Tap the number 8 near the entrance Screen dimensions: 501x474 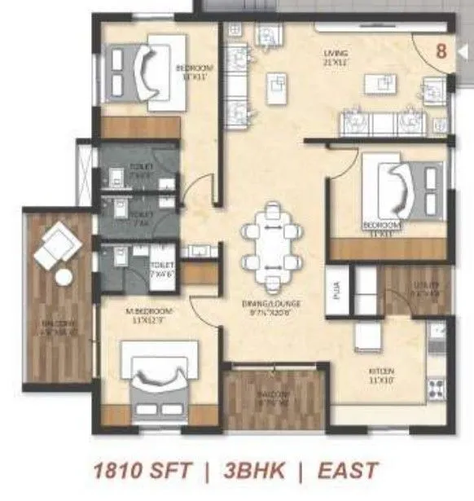pyautogui.click(x=441, y=50)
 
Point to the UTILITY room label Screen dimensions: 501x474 pyautogui.click(x=424, y=286)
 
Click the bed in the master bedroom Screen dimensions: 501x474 pyautogui.click(x=160, y=380)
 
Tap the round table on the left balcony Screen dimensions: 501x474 pyautogui.click(x=63, y=277)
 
